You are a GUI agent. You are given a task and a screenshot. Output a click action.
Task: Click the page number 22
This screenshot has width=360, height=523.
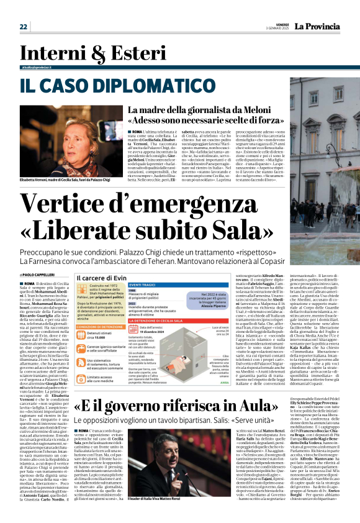coord(24,26)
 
